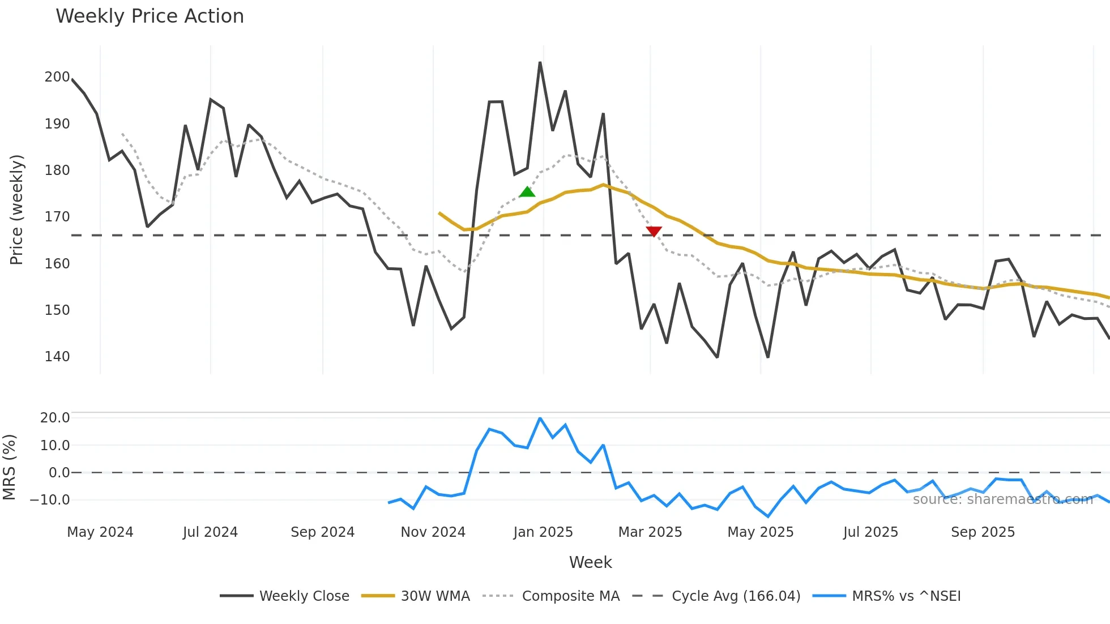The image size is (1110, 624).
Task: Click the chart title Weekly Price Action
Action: [x=150, y=16]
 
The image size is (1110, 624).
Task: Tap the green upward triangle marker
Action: [x=527, y=192]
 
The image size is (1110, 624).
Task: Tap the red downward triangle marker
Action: [x=654, y=231]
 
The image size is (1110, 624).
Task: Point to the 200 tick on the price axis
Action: [x=57, y=77]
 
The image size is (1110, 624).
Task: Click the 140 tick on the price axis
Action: [x=57, y=357]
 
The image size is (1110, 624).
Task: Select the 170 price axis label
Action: [x=57, y=217]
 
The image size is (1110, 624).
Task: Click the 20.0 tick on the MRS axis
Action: [x=55, y=418]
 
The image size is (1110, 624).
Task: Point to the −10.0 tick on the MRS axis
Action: [x=50, y=500]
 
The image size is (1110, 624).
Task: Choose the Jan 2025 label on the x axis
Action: [x=543, y=532]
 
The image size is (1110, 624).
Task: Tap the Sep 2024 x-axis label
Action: [x=322, y=532]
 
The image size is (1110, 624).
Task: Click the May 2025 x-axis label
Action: [x=761, y=532]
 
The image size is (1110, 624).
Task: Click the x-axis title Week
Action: [x=590, y=562]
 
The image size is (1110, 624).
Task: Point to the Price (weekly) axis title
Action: [x=16, y=210]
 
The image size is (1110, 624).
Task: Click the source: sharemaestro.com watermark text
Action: [x=1002, y=499]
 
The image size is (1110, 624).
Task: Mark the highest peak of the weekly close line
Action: [x=540, y=63]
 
